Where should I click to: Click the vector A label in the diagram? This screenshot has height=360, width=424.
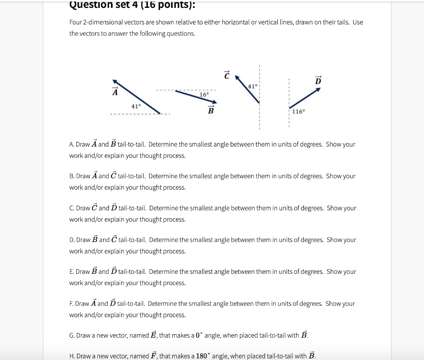click(x=114, y=92)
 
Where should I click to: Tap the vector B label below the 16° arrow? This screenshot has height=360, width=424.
click(x=211, y=110)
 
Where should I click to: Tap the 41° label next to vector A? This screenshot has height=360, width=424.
click(x=136, y=106)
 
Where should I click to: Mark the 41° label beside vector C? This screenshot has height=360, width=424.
click(x=253, y=86)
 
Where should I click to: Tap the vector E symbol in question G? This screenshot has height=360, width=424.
click(x=153, y=335)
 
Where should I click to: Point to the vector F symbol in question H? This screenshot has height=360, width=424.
click(x=152, y=355)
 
